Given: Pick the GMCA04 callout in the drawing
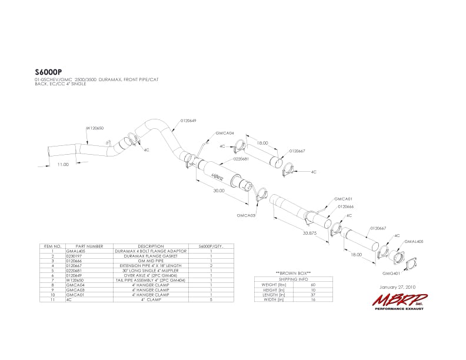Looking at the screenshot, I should pyautogui.click(x=225, y=133).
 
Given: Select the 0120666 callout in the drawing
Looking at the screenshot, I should pyautogui.click(x=345, y=206).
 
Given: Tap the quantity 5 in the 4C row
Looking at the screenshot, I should pyautogui.click(x=211, y=300).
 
